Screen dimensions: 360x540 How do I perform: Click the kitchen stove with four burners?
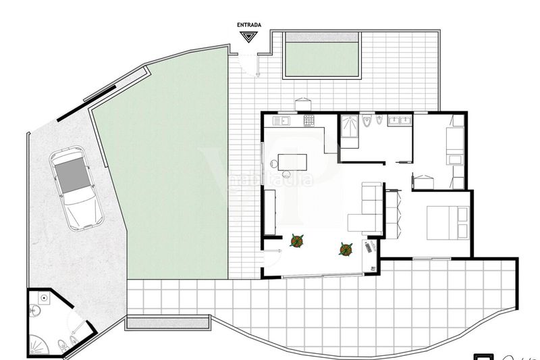coord(308,121)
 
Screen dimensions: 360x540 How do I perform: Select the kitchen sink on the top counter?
coord(280,121)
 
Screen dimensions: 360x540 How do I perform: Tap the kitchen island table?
coord(293,162)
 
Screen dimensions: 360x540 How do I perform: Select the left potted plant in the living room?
coord(296,240)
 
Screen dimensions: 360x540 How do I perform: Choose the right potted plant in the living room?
coord(346,249)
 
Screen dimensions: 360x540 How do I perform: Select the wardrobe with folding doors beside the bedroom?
coord(393,213)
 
